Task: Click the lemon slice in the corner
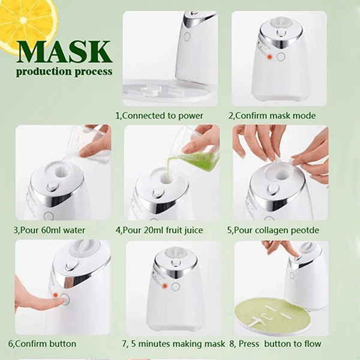click(24, 21)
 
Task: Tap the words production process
click(64, 71)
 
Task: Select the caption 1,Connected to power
click(159, 115)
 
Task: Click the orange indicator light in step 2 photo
click(270, 56)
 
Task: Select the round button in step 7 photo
click(175, 287)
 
